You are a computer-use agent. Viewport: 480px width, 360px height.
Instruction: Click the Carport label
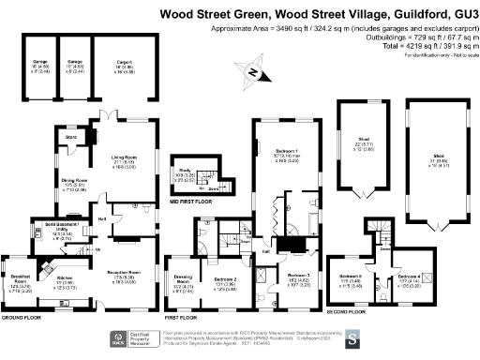click(x=124, y=62)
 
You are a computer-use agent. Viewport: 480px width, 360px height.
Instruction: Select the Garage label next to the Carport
click(x=74, y=62)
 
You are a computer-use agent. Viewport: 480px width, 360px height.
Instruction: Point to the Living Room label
click(x=125, y=157)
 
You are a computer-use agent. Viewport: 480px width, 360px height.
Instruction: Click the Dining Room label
click(x=74, y=179)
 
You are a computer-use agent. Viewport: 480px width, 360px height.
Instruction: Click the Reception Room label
click(x=125, y=274)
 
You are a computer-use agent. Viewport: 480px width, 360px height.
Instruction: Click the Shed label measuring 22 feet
click(x=363, y=143)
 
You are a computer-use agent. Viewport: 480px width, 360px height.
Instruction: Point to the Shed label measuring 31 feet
click(x=436, y=156)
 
